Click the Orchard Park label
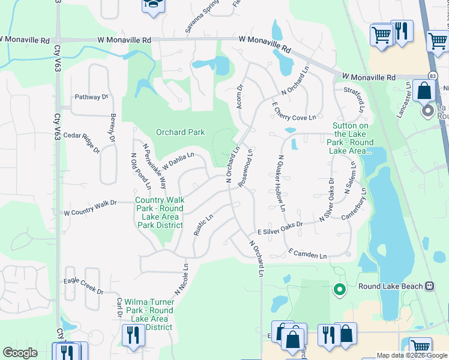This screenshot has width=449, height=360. (x=180, y=132)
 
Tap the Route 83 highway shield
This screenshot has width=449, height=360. (x=432, y=75)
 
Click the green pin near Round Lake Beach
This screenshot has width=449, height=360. (x=339, y=290)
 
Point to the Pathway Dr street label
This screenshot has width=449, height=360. (x=91, y=97)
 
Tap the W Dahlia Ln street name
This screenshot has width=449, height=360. (x=178, y=160)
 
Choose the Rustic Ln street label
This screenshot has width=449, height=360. (x=203, y=226)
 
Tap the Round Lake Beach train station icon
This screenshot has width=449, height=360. (x=430, y=286)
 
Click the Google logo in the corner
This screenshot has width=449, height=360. (x=20, y=353)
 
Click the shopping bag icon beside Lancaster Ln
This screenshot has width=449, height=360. (x=424, y=92)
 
